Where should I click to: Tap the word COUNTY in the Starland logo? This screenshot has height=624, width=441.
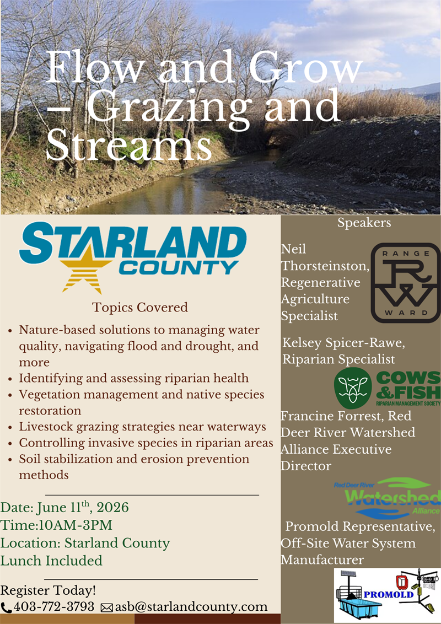point(180,268)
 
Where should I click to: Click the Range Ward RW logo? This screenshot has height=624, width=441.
point(405,283)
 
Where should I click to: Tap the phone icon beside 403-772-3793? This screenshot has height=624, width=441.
point(6,607)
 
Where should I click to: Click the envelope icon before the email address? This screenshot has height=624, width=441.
point(107,607)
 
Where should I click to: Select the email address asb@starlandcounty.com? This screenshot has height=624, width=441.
point(191,606)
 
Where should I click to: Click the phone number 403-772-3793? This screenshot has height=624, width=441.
point(54,606)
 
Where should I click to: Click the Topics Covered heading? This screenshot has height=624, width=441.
point(140,307)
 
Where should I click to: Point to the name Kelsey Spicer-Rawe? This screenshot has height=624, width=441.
point(344,343)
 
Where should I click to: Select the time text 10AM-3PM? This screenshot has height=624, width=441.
point(73,525)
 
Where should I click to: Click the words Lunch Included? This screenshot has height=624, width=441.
point(51,561)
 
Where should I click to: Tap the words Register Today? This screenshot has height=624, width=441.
point(49,590)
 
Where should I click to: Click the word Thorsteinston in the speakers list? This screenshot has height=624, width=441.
point(324,266)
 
